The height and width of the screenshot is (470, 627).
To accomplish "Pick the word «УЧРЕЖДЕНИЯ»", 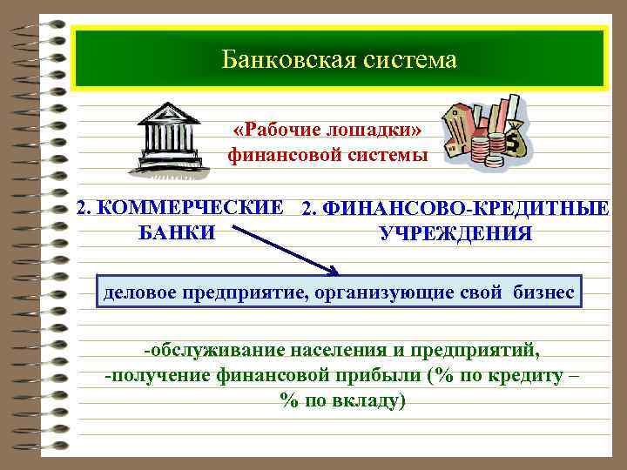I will (x=455, y=233).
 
